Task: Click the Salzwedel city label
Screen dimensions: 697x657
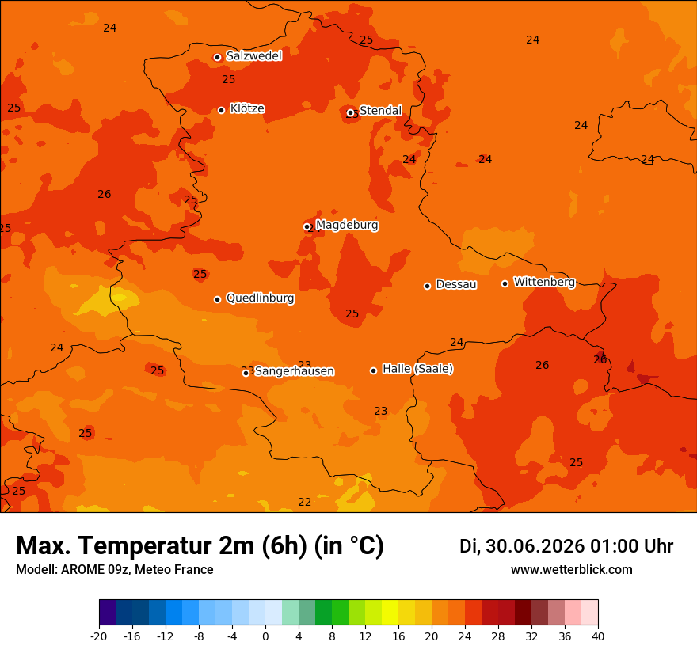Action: (x=253, y=55)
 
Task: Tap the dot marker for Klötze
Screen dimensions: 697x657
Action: (x=221, y=110)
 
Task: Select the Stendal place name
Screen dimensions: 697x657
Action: (x=380, y=110)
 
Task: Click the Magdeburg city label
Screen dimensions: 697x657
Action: (x=347, y=225)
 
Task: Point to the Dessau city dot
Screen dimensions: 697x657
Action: (x=427, y=286)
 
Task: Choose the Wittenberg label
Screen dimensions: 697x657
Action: (x=545, y=282)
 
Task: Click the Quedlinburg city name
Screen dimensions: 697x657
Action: (x=260, y=298)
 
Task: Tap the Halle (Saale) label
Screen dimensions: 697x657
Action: (x=418, y=369)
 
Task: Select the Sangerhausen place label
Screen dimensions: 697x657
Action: (x=295, y=371)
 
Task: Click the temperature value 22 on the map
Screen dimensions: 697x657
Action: (x=304, y=502)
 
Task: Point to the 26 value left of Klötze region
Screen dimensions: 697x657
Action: (x=105, y=194)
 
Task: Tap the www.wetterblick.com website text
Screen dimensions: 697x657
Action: (x=572, y=569)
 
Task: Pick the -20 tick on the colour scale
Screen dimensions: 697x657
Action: (x=99, y=636)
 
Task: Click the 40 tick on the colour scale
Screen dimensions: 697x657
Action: (x=598, y=636)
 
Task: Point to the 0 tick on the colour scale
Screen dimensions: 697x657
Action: (x=265, y=636)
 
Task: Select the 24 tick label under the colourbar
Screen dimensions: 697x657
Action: (x=464, y=636)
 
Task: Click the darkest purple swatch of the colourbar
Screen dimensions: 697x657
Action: (x=108, y=612)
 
